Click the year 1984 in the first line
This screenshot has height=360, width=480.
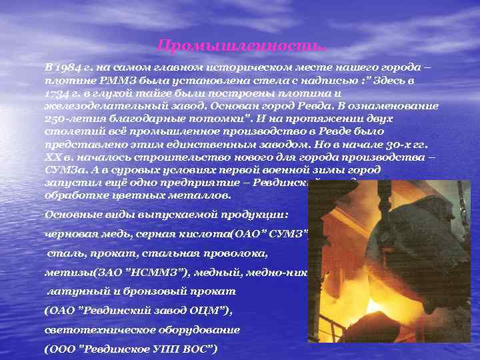[66, 69]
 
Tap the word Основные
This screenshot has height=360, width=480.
[70, 214]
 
